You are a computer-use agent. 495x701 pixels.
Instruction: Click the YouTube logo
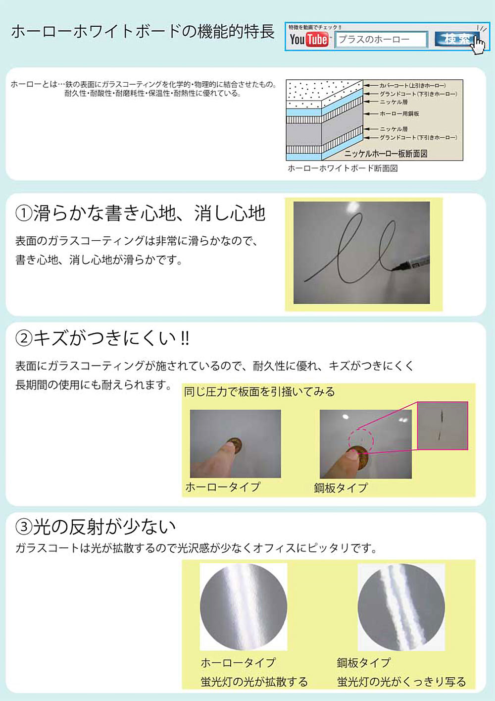309,40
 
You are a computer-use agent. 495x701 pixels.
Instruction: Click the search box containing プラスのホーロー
381,40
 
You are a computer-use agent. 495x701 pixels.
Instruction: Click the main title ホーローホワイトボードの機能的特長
143,31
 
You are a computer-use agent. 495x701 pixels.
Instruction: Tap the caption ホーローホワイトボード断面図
343,168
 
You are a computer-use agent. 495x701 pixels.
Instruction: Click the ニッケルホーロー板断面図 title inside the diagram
386,154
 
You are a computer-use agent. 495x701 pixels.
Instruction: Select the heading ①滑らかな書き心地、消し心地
141,214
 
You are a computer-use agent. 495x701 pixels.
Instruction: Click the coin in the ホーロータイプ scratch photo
235,444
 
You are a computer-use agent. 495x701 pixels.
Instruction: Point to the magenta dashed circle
361,439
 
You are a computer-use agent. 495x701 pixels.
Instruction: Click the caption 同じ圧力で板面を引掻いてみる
259,392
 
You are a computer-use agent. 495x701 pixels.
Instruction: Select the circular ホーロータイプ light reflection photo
244,607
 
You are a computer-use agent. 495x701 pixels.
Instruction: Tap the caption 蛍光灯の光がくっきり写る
401,682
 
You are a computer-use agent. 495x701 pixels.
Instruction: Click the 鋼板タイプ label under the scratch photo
341,488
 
